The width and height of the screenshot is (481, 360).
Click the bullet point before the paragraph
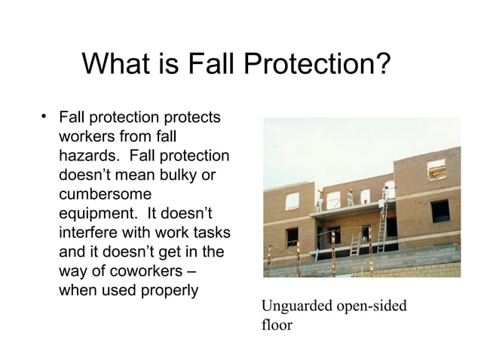click(45, 117)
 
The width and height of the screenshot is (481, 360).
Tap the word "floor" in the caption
click(276, 325)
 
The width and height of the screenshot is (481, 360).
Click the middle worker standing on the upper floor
click(351, 198)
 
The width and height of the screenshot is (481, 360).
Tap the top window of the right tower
click(437, 169)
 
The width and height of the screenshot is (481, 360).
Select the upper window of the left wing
click(292, 200)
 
